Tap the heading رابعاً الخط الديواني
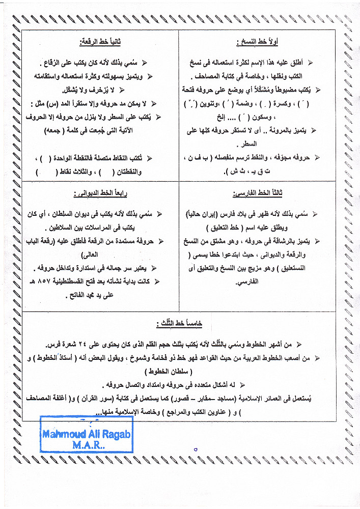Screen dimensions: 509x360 coord(99,194)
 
